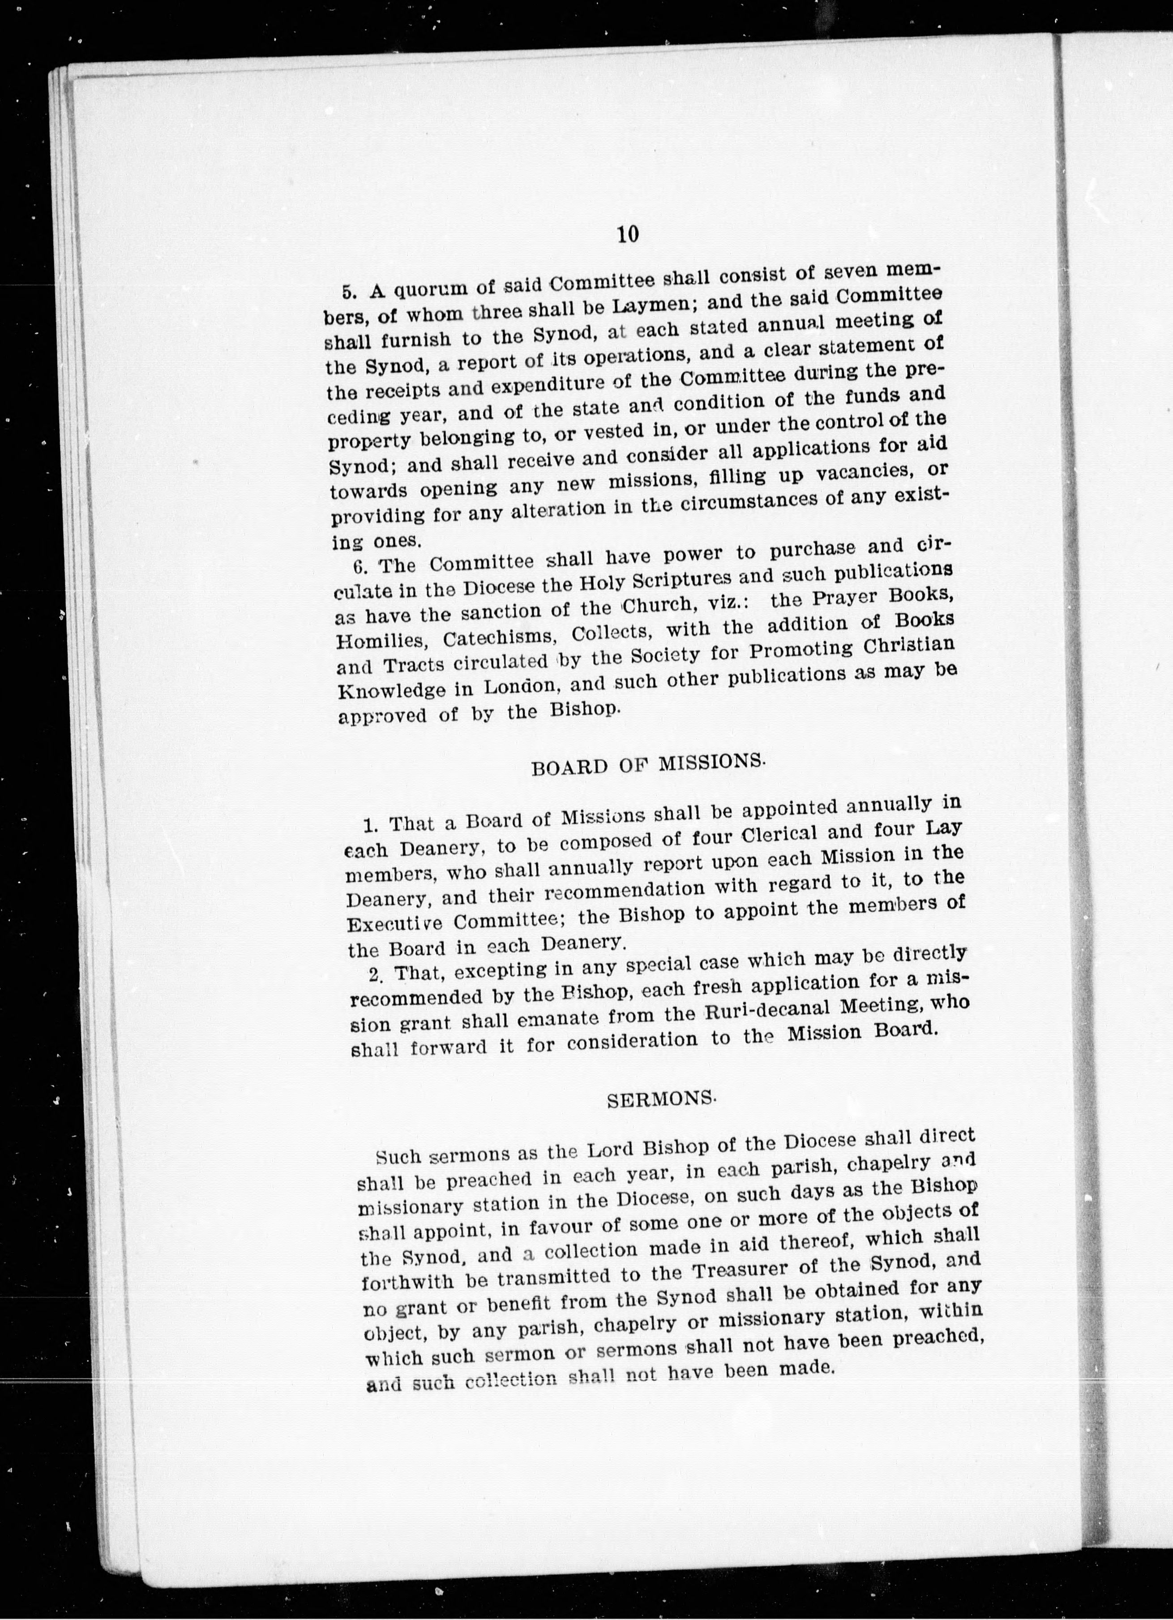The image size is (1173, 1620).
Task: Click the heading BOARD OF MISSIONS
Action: click(648, 765)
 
